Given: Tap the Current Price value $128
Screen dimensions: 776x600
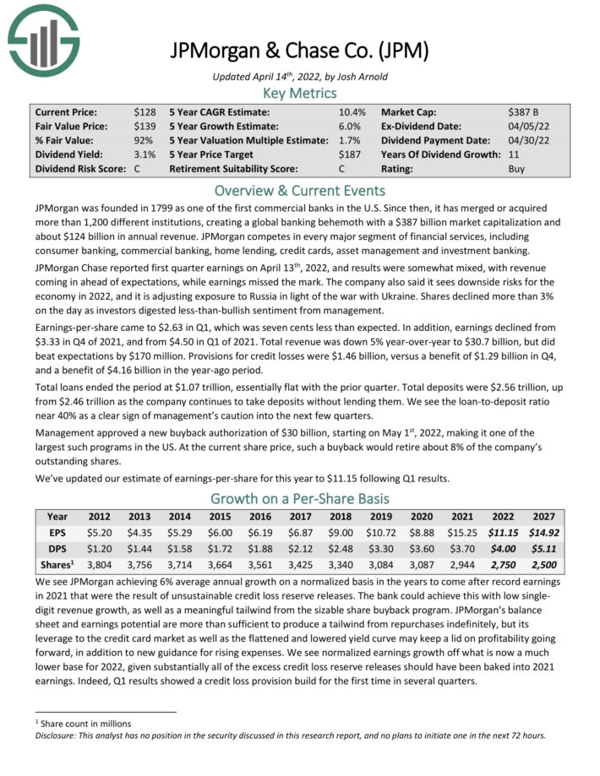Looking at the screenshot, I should [x=145, y=111].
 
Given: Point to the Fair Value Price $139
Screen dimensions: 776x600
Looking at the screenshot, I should [x=145, y=126].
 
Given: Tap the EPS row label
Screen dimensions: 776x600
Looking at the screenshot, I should [x=57, y=533].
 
